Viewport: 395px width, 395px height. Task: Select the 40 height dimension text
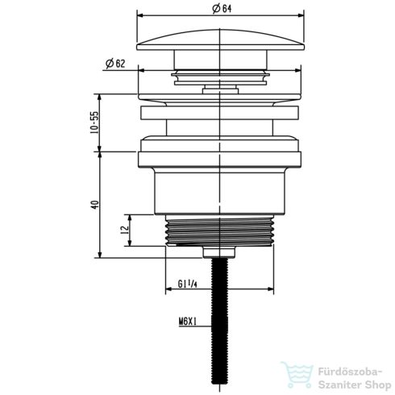(94, 205)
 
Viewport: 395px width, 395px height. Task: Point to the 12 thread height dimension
(123, 231)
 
